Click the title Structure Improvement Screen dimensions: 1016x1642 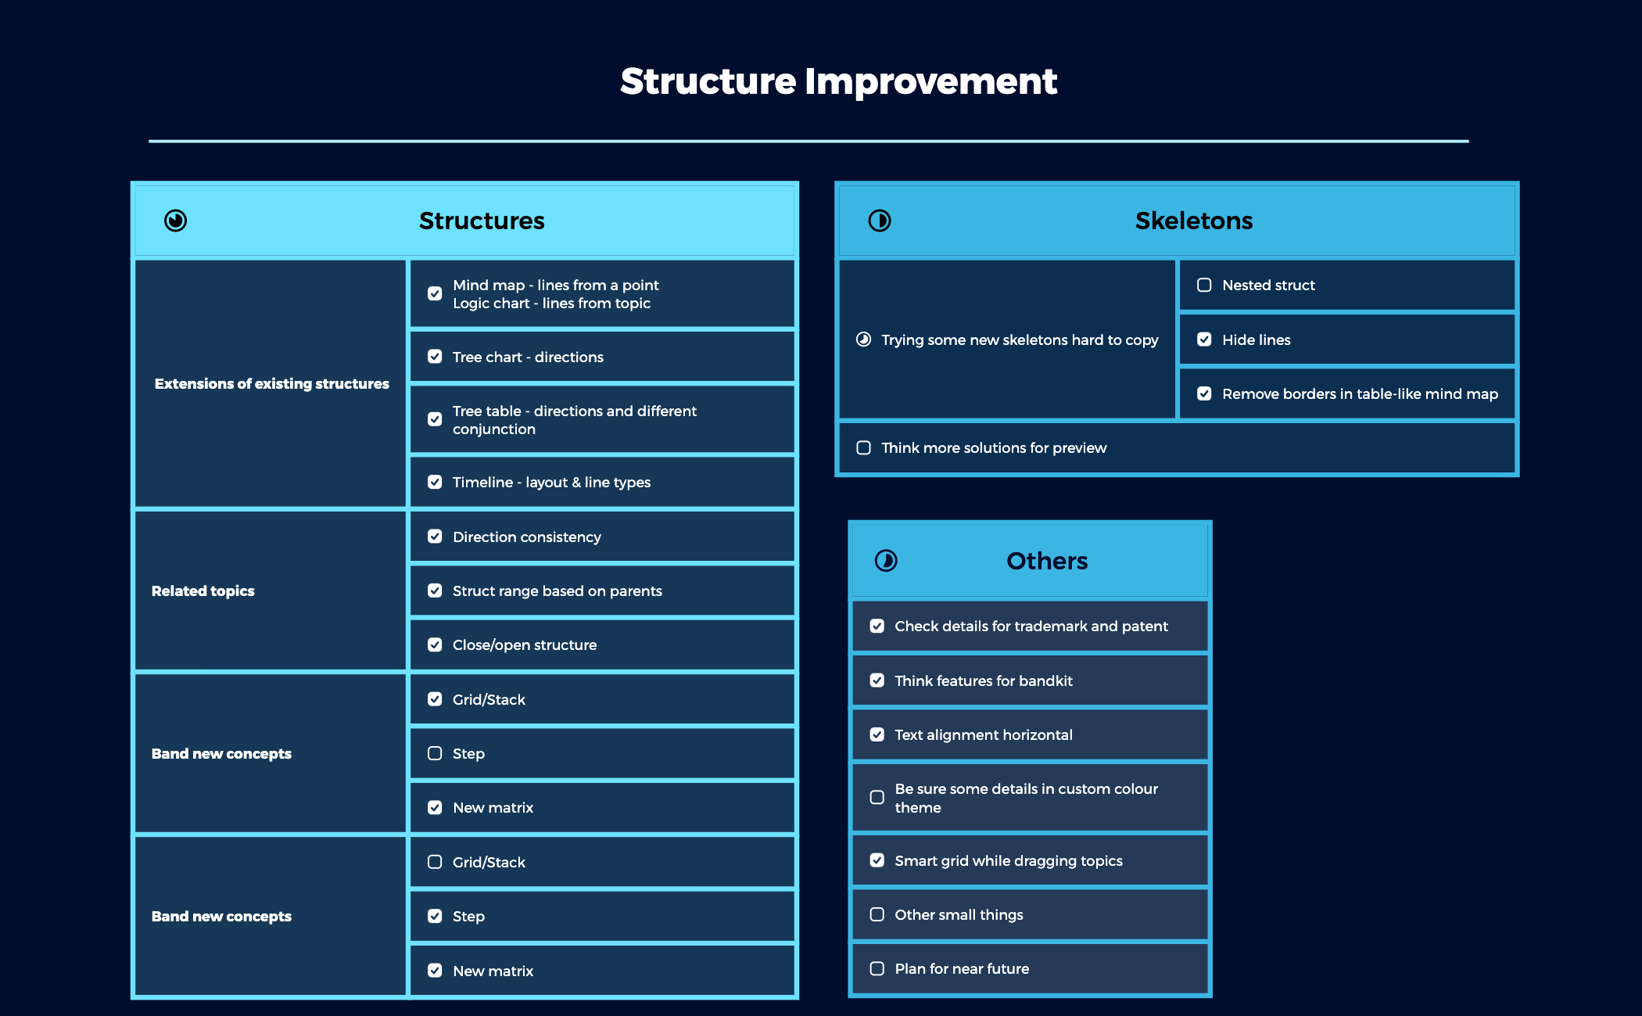pos(838,81)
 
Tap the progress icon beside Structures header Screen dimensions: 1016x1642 pos(175,221)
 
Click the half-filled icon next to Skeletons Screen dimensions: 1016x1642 pos(880,221)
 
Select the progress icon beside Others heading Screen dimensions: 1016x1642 pos(886,561)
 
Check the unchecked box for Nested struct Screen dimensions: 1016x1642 pos(1204,285)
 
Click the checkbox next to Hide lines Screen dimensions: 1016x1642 pos(1204,339)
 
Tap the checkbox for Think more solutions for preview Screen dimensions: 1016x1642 pos(863,448)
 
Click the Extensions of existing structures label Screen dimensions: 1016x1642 pos(271,383)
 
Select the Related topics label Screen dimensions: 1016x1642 pos(203,591)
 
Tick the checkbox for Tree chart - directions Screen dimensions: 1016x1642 pos(435,357)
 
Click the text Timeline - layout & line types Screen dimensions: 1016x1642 pos(551,483)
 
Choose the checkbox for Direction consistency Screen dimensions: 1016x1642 pos(435,537)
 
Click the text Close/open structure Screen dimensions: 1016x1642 pos(524,645)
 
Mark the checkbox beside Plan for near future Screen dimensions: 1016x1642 pos(877,969)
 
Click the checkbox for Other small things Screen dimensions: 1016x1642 pos(877,915)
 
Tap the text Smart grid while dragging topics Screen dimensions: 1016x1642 pos(1008,861)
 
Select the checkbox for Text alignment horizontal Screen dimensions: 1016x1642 pos(877,735)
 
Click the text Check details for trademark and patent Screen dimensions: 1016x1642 pos(1031,626)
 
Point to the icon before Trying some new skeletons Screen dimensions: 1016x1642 pos(863,339)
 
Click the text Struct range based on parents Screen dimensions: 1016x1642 pos(557,591)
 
